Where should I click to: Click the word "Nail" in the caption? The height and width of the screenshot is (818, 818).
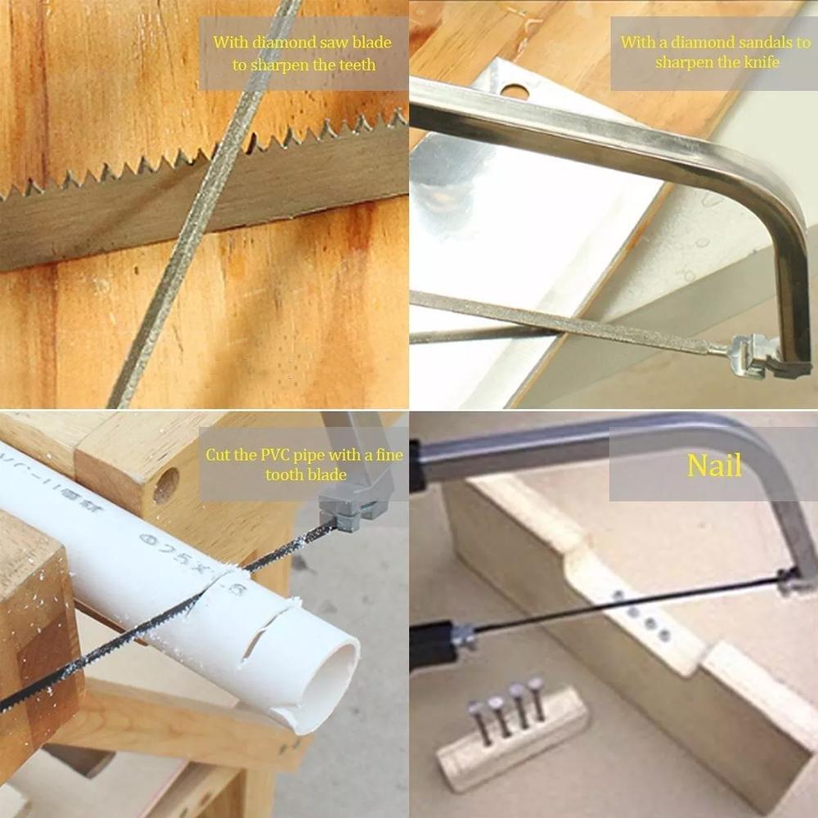[714, 465]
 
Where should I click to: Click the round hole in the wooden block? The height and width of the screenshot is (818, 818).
[165, 485]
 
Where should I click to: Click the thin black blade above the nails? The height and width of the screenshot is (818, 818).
[622, 605]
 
